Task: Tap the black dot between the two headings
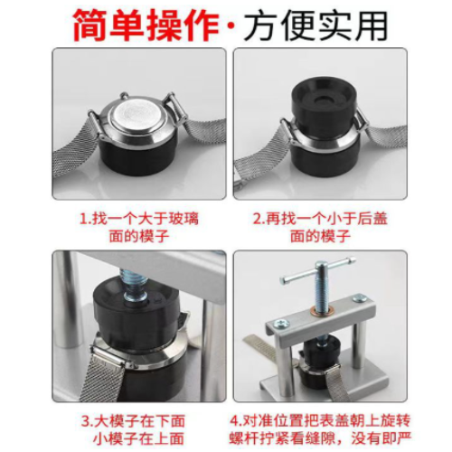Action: click(230, 25)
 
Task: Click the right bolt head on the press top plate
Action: click(360, 299)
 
